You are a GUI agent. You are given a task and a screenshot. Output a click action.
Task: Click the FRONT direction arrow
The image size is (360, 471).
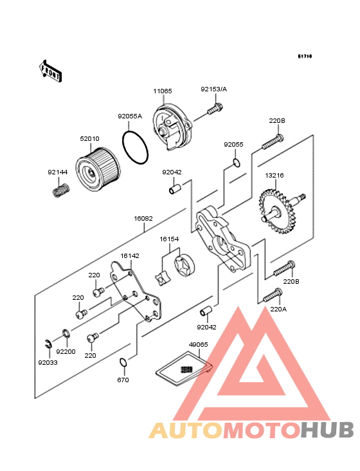tap(50, 71)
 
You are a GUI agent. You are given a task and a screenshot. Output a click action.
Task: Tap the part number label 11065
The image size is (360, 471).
tap(163, 91)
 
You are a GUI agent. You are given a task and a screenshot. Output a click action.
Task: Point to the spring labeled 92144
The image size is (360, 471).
tap(61, 190)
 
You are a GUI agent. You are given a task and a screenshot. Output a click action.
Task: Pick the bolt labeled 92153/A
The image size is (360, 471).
tap(215, 109)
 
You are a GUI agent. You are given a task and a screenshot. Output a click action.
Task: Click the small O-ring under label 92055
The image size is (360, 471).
tap(237, 162)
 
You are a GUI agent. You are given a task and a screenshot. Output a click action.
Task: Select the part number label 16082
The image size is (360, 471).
tap(143, 218)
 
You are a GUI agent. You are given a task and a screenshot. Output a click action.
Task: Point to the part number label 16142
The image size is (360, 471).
tap(130, 255)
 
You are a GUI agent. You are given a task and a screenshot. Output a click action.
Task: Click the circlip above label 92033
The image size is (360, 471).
tap(48, 344)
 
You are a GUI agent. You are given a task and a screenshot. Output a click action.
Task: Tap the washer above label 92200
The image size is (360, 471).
tap(66, 333)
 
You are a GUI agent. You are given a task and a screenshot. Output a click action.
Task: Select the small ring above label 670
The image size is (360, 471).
tap(123, 362)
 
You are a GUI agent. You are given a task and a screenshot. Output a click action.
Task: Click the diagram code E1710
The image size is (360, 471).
tap(305, 56)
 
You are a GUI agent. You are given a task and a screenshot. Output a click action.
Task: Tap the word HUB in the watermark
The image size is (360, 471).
tap(328, 430)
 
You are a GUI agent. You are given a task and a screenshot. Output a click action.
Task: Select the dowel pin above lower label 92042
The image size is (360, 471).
tap(206, 311)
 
